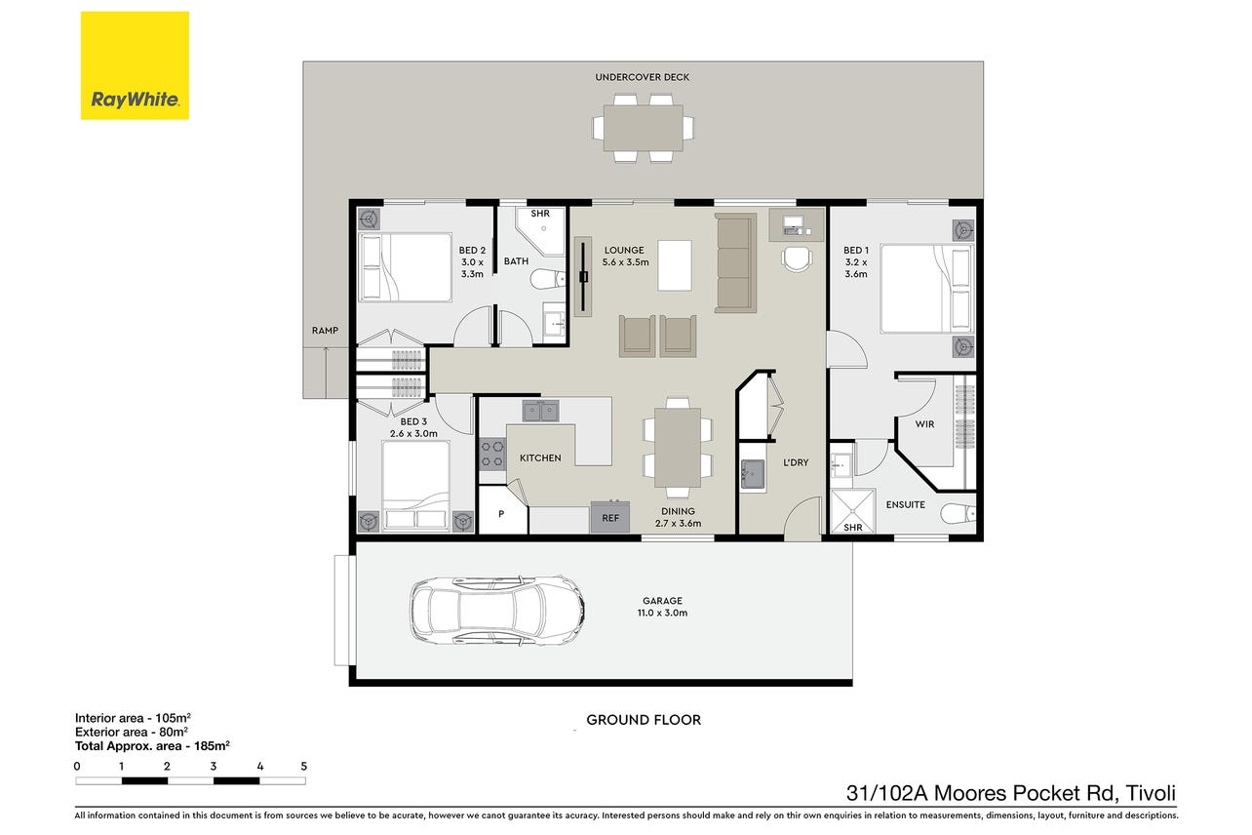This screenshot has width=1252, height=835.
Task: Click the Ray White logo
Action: (x=135, y=65)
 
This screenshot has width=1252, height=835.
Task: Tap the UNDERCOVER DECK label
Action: (x=643, y=77)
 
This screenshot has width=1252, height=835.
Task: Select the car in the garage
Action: (x=497, y=611)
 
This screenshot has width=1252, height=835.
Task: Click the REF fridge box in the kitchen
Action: (x=610, y=517)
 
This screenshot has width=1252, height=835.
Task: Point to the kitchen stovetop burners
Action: (x=491, y=455)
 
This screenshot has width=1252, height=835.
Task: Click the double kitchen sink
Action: (x=540, y=411)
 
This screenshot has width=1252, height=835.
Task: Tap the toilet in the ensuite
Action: (x=959, y=513)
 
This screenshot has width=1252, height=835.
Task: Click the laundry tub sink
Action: (x=753, y=475)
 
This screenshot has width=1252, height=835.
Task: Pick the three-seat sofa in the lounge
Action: (x=735, y=262)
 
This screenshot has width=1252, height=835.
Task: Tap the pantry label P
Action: (x=501, y=514)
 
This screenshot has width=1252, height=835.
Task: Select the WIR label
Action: (x=924, y=424)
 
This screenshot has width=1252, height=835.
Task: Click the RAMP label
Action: (x=325, y=331)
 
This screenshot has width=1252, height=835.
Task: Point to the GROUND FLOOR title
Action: (x=644, y=720)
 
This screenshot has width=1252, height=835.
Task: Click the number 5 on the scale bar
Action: (x=304, y=766)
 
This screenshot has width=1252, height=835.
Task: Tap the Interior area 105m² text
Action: (x=133, y=718)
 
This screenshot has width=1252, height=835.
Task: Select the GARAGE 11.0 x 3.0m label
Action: (x=662, y=607)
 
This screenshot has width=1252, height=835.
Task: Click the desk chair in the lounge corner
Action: (x=797, y=258)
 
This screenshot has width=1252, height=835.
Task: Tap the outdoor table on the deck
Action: (x=643, y=128)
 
